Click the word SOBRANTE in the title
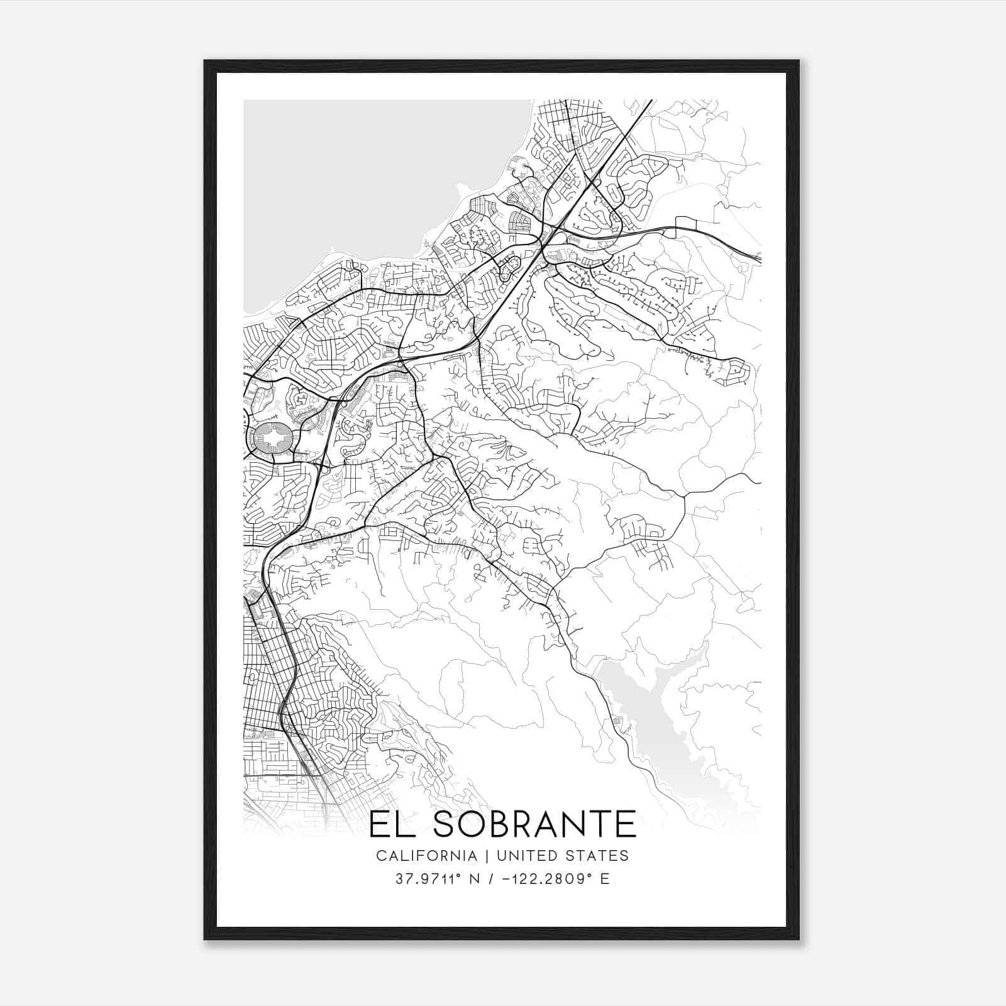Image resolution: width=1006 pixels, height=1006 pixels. [x=534, y=824]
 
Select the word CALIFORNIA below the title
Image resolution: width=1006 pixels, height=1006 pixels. [x=426, y=856]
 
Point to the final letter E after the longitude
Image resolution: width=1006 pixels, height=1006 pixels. [x=605, y=879]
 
